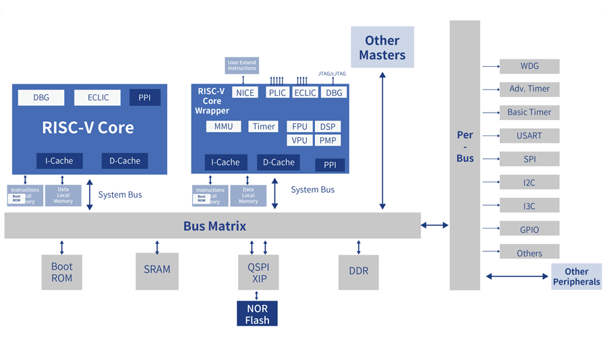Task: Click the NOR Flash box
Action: click(257, 313)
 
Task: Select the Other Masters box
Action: click(382, 47)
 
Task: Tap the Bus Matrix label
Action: click(214, 226)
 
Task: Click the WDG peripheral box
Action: click(529, 66)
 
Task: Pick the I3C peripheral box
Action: click(529, 206)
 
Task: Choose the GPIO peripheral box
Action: click(529, 229)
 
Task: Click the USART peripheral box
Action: click(529, 136)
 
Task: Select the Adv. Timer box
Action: click(529, 89)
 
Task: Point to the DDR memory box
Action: click(358, 272)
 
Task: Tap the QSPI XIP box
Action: click(258, 272)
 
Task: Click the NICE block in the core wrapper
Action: click(245, 92)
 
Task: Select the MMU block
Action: click(223, 126)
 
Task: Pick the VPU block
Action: click(299, 140)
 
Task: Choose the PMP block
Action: click(328, 140)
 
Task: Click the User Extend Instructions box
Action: click(241, 65)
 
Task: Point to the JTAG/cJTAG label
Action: click(332, 73)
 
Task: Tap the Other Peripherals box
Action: click(576, 276)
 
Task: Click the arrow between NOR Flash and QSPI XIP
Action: click(257, 295)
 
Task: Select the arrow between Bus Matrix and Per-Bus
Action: click(435, 225)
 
